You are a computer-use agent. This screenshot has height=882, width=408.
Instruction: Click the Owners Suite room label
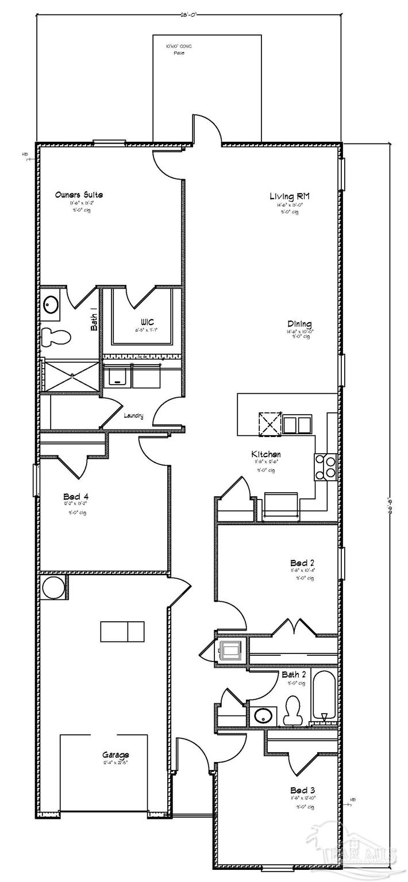click(x=79, y=195)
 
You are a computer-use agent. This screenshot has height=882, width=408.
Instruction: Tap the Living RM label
click(x=290, y=196)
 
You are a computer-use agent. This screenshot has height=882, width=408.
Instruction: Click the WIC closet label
click(x=146, y=322)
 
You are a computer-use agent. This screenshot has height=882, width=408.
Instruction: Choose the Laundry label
click(x=133, y=416)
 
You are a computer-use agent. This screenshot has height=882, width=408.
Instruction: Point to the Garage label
click(x=116, y=755)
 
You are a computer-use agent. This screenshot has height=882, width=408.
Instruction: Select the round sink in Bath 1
click(x=50, y=304)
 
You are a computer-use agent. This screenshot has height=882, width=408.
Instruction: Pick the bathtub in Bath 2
click(x=324, y=697)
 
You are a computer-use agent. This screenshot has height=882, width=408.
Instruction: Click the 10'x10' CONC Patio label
click(x=179, y=48)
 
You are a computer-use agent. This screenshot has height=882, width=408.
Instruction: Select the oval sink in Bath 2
click(x=264, y=716)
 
